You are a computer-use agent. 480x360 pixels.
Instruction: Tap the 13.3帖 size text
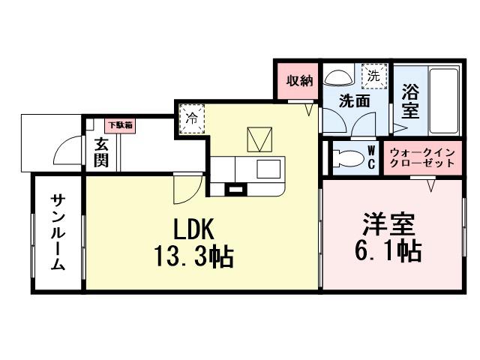pyautogui.click(x=194, y=256)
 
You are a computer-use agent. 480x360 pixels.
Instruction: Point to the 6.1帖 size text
pyautogui.click(x=389, y=250)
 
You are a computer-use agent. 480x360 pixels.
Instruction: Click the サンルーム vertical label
pyautogui.click(x=58, y=232)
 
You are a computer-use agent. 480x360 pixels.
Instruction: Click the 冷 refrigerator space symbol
pyautogui.click(x=192, y=118)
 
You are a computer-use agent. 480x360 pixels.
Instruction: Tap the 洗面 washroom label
pyautogui.click(x=354, y=100)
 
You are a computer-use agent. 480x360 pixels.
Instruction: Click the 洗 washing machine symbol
pyautogui.click(x=373, y=75)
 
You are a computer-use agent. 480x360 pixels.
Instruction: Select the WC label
pyautogui.click(x=371, y=157)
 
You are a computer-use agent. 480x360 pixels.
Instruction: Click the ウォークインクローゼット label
pyautogui.click(x=422, y=157)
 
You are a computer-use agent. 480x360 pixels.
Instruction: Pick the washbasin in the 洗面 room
pyautogui.click(x=338, y=78)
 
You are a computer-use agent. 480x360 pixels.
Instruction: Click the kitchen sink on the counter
pyautogui.click(x=268, y=168)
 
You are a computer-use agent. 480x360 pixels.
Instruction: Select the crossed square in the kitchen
pyautogui.click(x=260, y=139)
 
